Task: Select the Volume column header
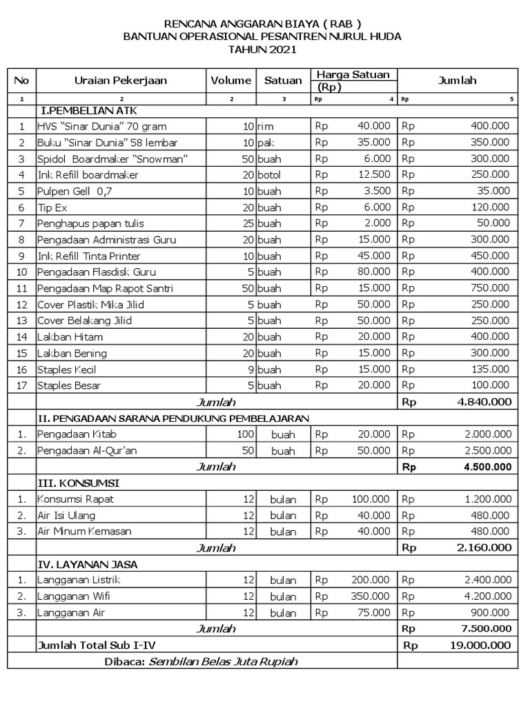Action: coord(231,81)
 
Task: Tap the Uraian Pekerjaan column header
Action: coord(121,81)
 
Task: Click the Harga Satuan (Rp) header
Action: coord(353,81)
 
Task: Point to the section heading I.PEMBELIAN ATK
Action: coord(84,110)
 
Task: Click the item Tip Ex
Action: coord(52,207)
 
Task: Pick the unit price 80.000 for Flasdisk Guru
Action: coord(373,272)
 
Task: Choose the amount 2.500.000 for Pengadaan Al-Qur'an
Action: coord(487,450)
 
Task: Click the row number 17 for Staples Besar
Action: coord(21,385)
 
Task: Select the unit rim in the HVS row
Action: coord(266,126)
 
